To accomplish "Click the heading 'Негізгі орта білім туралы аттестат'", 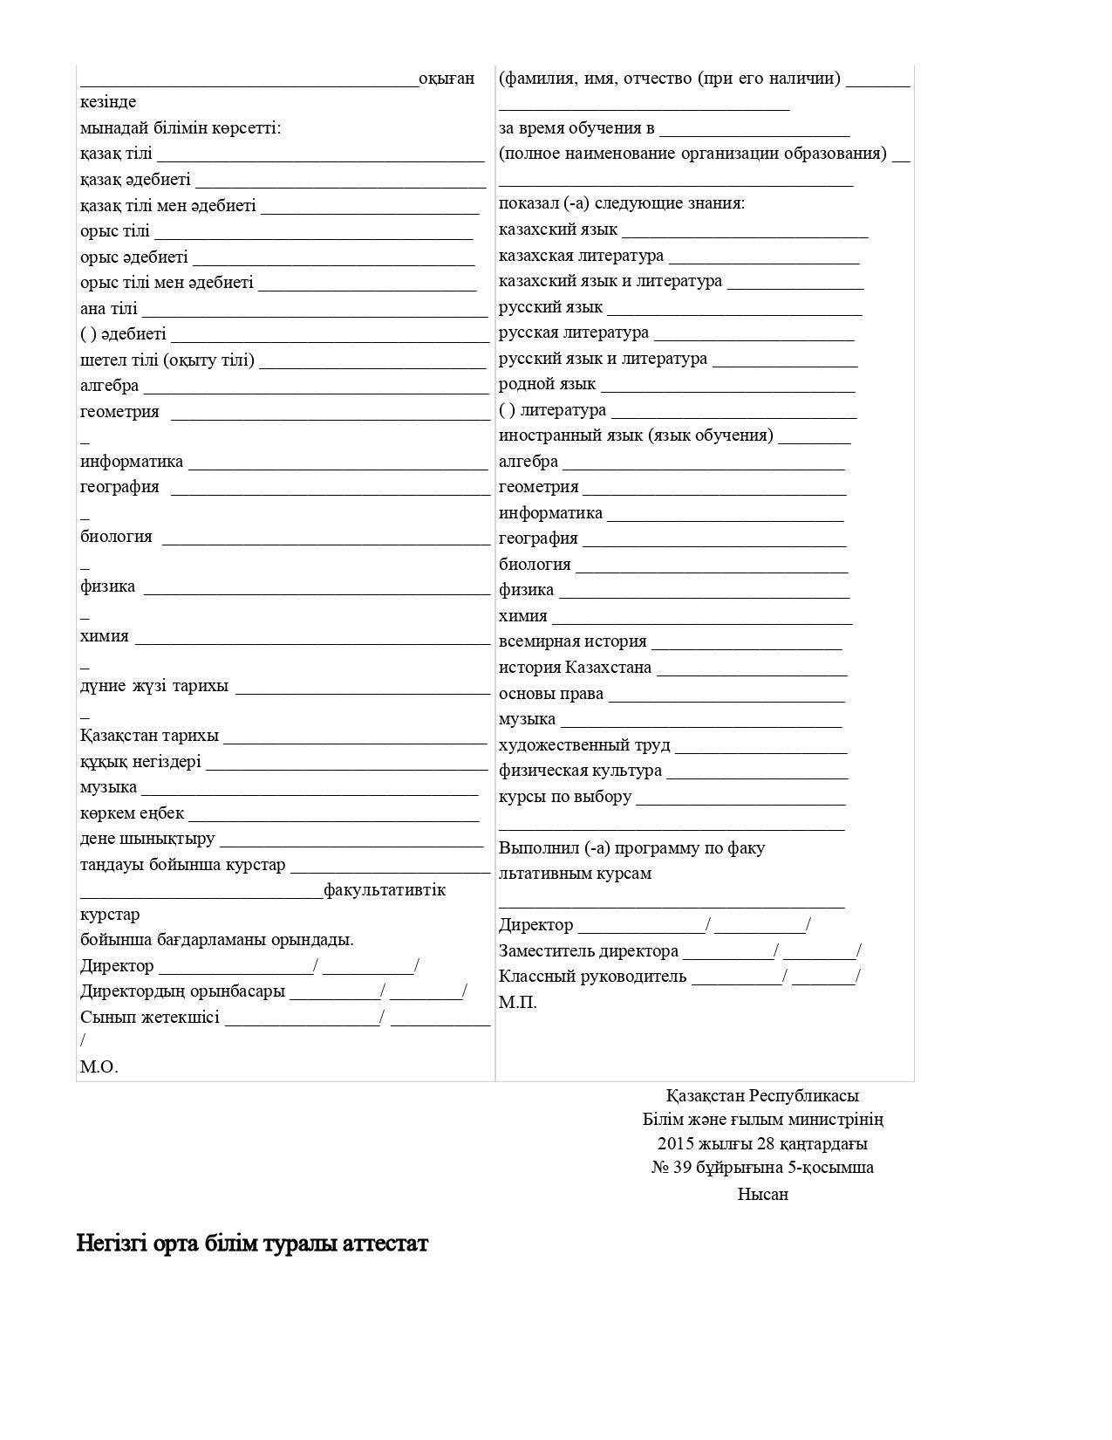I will (x=252, y=1243).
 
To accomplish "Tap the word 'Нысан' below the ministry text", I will (x=762, y=1194).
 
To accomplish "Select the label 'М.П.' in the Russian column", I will (x=517, y=1002).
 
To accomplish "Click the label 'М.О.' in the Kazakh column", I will (x=99, y=1066).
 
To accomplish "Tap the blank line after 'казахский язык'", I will (x=745, y=231).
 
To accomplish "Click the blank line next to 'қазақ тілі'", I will (x=320, y=155).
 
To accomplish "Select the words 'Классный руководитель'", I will (x=592, y=977).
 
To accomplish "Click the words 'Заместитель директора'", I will (x=588, y=951).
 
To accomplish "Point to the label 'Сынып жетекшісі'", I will (x=150, y=1017).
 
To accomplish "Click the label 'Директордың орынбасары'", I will (x=182, y=991).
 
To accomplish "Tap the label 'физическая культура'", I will (x=580, y=771).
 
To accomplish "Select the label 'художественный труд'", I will (x=584, y=745).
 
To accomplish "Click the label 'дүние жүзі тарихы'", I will (x=154, y=686).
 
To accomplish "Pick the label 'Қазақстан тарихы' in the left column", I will (x=149, y=736).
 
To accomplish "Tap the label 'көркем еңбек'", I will (x=132, y=813).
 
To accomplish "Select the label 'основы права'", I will (x=551, y=694).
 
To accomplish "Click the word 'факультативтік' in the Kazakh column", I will (x=385, y=890).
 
